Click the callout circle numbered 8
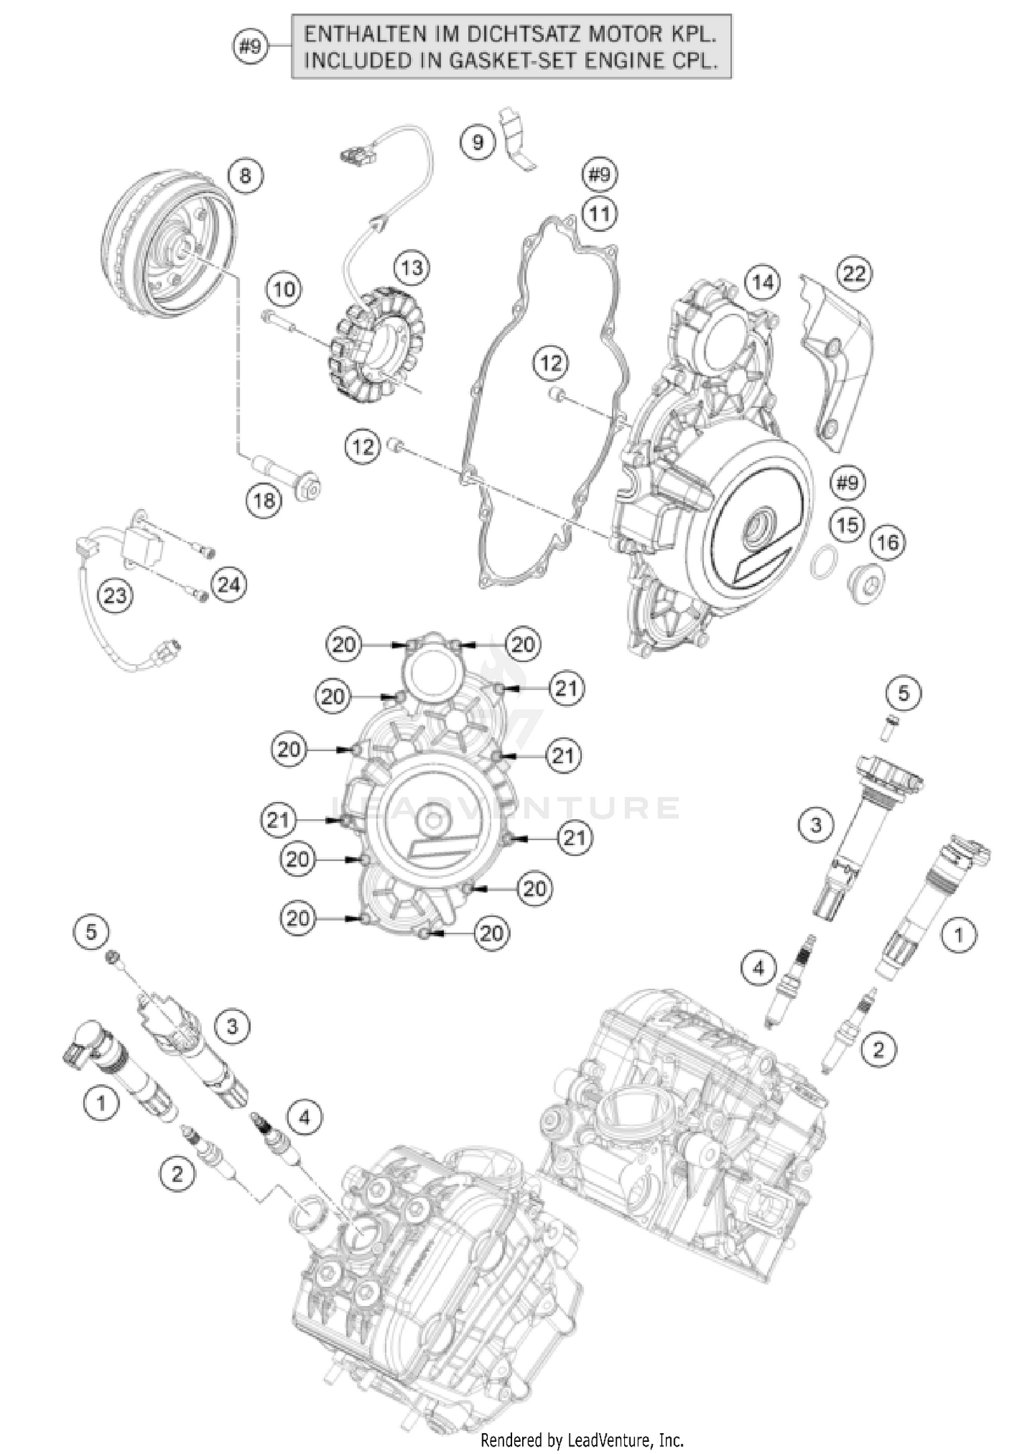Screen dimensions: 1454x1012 click(x=245, y=176)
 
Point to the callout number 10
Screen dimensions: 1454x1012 click(x=285, y=290)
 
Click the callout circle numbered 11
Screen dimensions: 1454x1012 click(x=599, y=214)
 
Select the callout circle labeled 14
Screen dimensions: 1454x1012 click(x=762, y=282)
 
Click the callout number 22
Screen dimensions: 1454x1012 click(x=854, y=273)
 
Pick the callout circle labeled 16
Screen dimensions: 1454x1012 click(x=888, y=542)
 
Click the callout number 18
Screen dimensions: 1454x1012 click(x=264, y=500)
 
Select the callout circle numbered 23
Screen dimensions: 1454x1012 click(x=115, y=595)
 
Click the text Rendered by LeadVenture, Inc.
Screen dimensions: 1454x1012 click(x=582, y=1441)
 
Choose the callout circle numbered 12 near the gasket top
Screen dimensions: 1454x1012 click(x=551, y=363)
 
